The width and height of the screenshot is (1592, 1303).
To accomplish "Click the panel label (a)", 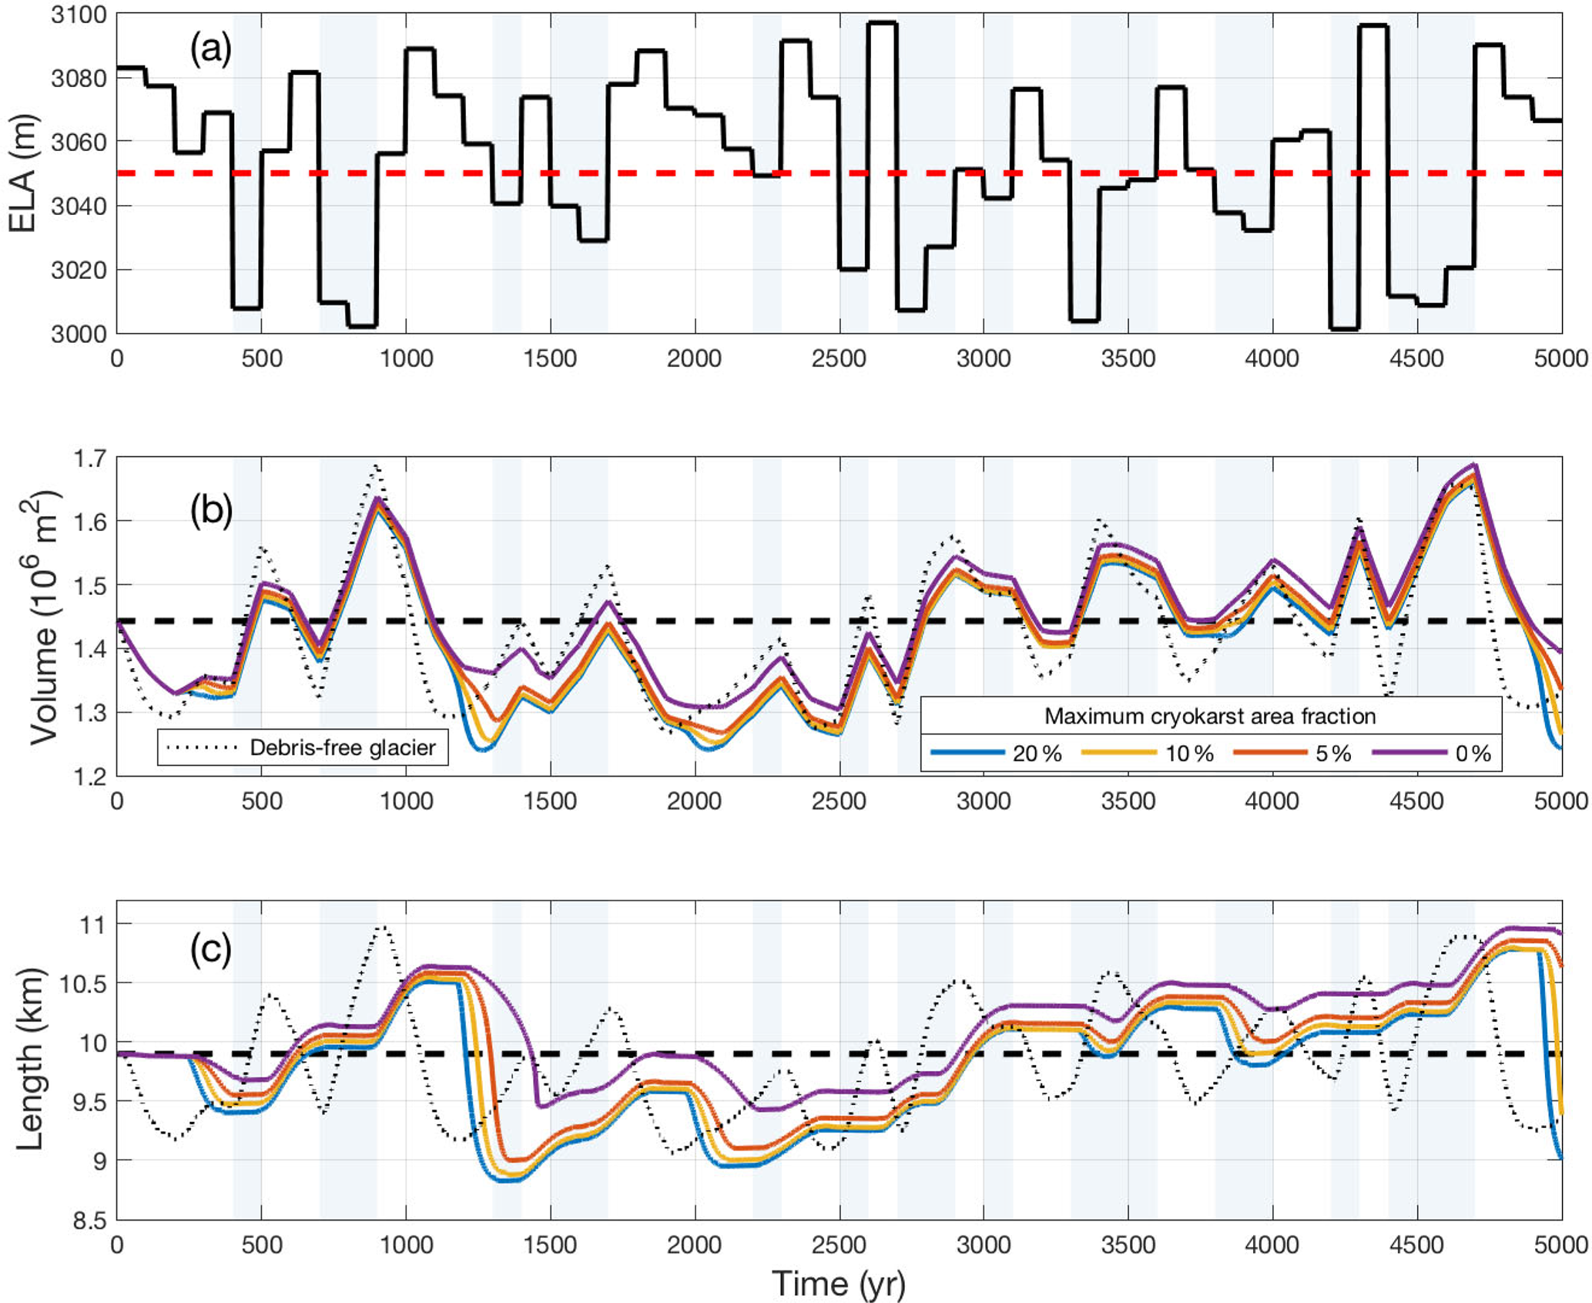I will (x=210, y=51).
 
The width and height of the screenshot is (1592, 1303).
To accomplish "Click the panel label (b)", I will (x=211, y=511).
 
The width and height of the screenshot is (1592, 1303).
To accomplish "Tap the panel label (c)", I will (x=210, y=951).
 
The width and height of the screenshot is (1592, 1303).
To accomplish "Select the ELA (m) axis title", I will (x=23, y=173).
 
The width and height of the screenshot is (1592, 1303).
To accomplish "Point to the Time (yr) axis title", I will (x=839, y=1284).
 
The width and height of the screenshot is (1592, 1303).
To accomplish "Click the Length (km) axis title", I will (x=29, y=1059).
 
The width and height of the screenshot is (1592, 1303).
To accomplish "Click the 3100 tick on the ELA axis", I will (x=79, y=15).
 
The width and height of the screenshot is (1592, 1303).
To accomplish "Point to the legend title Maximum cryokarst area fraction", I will (x=1210, y=716).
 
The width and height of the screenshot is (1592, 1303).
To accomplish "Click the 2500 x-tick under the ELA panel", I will (x=839, y=359).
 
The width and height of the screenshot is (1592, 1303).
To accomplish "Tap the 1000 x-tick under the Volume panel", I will (x=406, y=801).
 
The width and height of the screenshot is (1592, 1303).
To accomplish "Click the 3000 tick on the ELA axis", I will (x=79, y=334).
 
